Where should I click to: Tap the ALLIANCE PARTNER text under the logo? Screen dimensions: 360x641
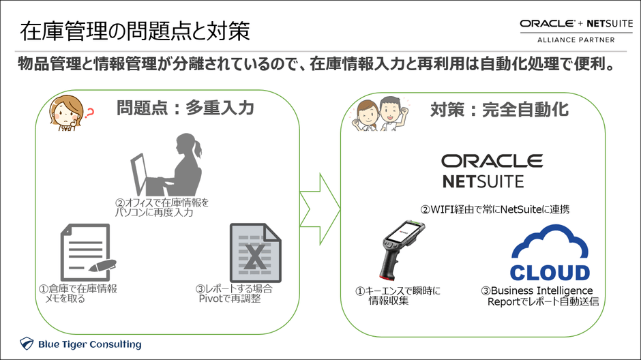[576, 40]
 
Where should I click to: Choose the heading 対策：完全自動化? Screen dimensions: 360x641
[499, 108]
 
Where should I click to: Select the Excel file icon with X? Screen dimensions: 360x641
[255, 252]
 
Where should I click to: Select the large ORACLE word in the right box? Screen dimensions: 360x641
[492, 161]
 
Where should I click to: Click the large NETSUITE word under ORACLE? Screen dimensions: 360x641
[483, 183]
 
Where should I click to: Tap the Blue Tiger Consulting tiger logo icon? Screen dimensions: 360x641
[27, 344]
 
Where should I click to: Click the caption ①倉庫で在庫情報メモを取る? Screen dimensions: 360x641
[78, 293]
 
